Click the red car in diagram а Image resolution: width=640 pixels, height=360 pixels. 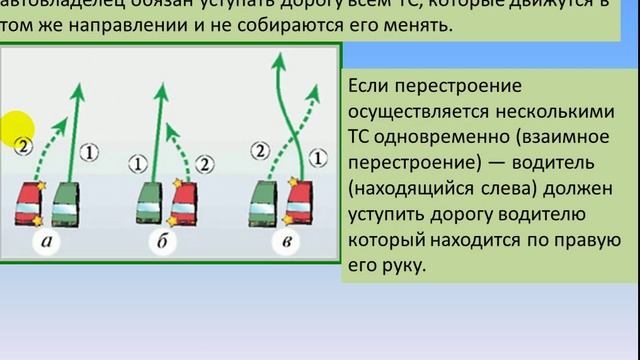(27, 204)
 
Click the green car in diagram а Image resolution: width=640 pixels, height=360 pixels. (63, 204)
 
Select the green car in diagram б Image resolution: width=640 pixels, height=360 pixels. (147, 204)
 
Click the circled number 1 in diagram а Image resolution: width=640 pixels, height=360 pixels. (89, 152)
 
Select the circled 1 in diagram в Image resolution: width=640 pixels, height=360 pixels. (318, 155)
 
